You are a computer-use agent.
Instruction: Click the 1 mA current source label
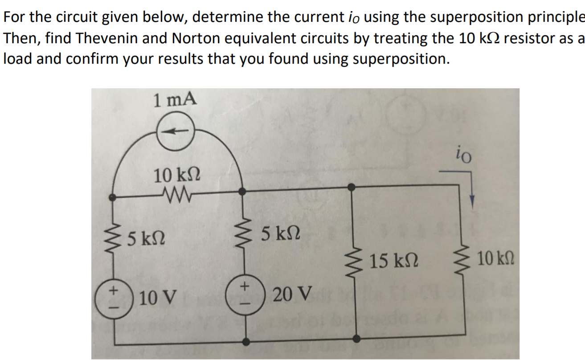174,99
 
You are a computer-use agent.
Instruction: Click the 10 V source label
158,296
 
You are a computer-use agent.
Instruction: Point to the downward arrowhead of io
472,201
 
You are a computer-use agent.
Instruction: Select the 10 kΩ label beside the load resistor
496,258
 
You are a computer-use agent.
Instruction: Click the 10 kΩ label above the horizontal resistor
177,175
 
